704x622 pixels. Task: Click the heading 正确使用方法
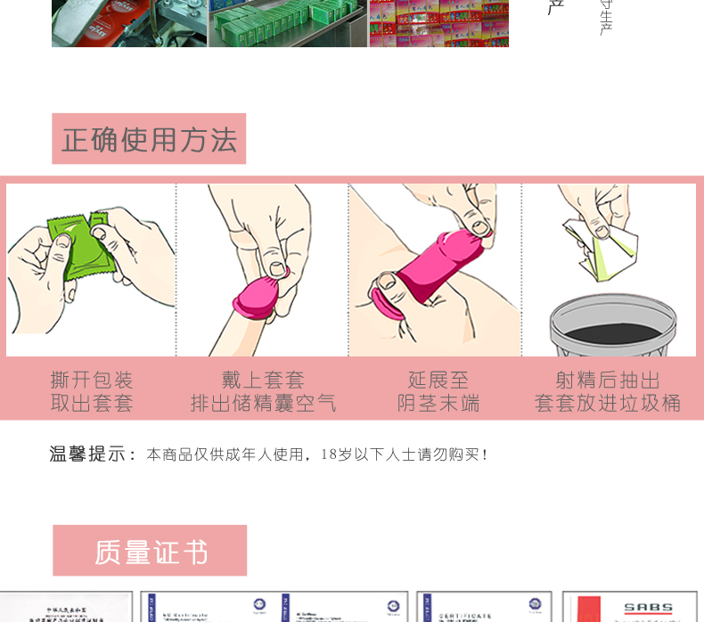click(149, 140)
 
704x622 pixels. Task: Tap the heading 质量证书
click(150, 552)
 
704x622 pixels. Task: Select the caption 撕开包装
click(92, 381)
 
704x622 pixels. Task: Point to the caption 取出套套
click(92, 404)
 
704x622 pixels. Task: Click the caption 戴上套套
click(264, 381)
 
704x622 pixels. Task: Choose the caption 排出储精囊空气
click(264, 404)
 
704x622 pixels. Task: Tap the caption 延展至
click(438, 381)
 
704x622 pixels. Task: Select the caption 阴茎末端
click(438, 404)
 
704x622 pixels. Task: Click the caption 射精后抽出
click(608, 381)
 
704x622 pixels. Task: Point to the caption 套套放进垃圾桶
click(608, 404)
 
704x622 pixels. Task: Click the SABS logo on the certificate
click(648, 609)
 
